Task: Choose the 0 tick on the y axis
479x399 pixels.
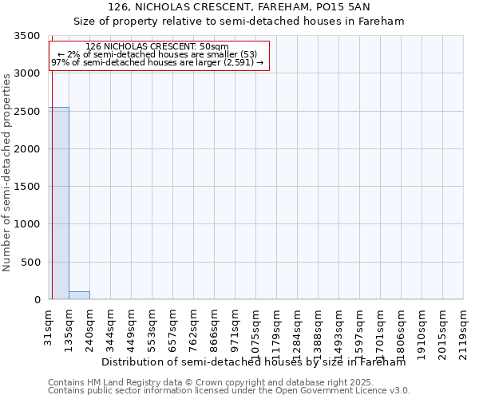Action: pyautogui.click(x=37, y=300)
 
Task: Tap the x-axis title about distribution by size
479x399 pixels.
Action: pyautogui.click(x=254, y=362)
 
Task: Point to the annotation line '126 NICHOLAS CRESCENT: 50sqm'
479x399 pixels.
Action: pyautogui.click(x=157, y=46)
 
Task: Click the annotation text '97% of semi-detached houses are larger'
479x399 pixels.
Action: pyautogui.click(x=157, y=61)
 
